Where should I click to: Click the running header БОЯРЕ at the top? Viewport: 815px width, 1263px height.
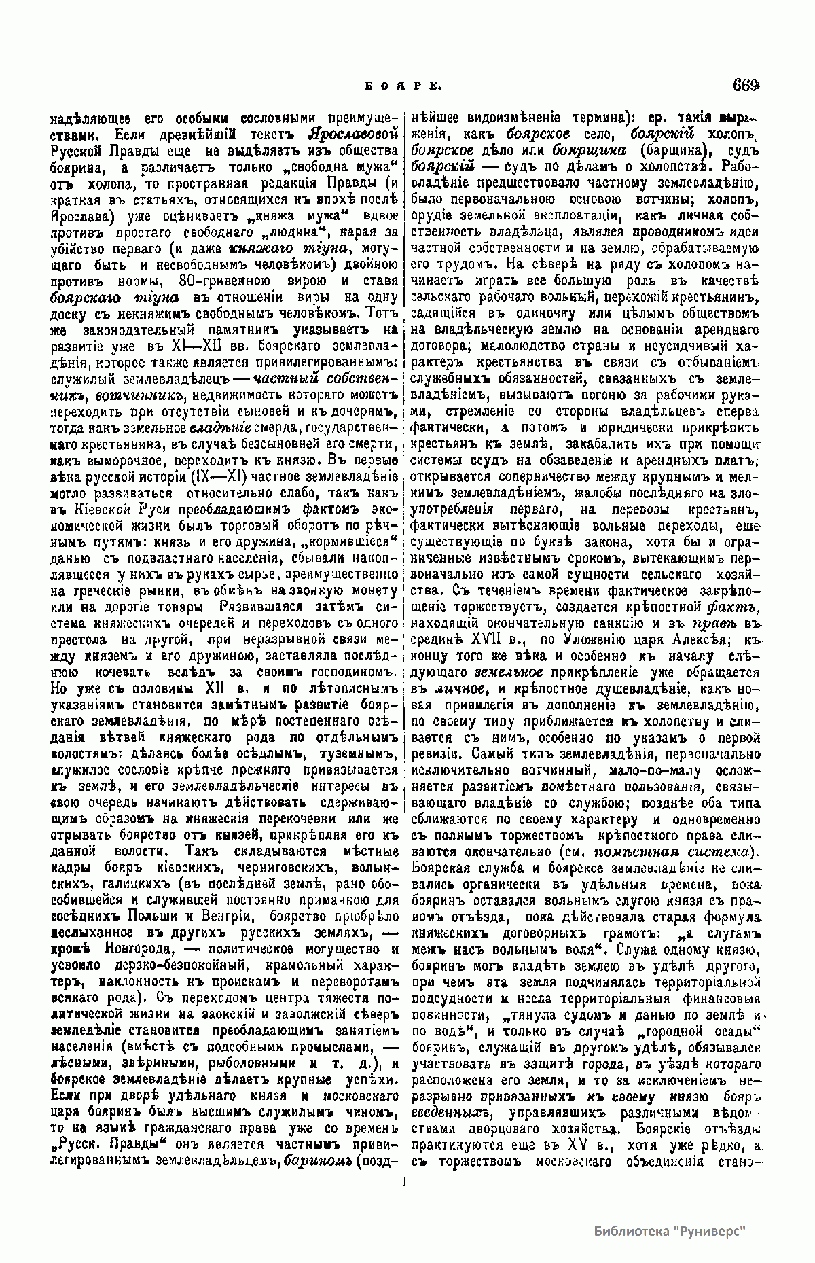405,86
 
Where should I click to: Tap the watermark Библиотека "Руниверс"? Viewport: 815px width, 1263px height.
670,1230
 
